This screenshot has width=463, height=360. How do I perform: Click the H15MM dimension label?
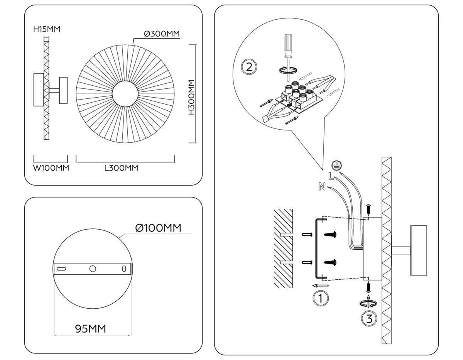pyautogui.click(x=47, y=29)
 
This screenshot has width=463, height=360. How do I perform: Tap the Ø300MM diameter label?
pyautogui.click(x=162, y=34)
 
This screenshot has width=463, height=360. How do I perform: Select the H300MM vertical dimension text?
pyautogui.click(x=191, y=98)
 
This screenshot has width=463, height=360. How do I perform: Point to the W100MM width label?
pyautogui.click(x=51, y=168)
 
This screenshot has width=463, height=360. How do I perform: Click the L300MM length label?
pyautogui.click(x=121, y=168)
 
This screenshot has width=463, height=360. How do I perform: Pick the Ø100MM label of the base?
pyautogui.click(x=158, y=228)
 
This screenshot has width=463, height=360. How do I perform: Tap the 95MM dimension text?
pyautogui.click(x=90, y=329)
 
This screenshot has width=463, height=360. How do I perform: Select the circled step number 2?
pyautogui.click(x=249, y=67)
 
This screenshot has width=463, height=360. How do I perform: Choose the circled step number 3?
pyautogui.click(x=369, y=319)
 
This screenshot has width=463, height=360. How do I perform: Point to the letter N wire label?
pyautogui.click(x=322, y=188)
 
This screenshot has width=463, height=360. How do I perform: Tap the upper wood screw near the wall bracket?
pyautogui.click(x=331, y=234)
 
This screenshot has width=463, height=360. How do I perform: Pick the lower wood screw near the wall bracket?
pyautogui.click(x=331, y=263)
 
